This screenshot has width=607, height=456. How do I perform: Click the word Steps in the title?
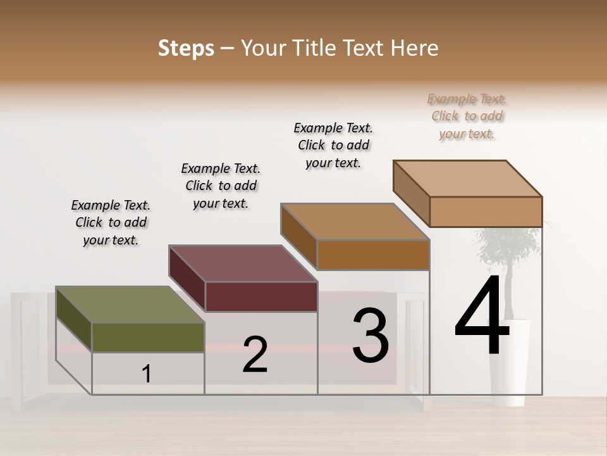(x=186, y=48)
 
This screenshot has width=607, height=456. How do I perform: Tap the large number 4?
(x=482, y=317)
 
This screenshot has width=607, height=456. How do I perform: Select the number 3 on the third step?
(x=371, y=336)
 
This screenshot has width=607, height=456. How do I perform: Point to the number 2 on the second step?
(x=255, y=355)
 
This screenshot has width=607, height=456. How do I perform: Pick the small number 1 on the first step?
(x=147, y=374)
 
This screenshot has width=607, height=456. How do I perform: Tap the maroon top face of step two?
(x=243, y=263)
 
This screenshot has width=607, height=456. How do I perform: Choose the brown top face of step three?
(x=354, y=222)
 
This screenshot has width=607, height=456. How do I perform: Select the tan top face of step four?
(x=468, y=179)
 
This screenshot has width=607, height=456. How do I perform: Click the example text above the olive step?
(x=111, y=222)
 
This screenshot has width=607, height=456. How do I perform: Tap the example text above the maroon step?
(x=221, y=186)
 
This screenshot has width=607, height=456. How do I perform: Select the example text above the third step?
(x=333, y=145)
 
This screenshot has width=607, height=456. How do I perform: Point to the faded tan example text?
(x=467, y=116)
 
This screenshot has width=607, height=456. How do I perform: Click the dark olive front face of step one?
(x=148, y=337)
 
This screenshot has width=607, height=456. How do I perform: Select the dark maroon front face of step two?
(x=261, y=296)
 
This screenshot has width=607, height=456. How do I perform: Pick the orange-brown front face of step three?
(x=373, y=255)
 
